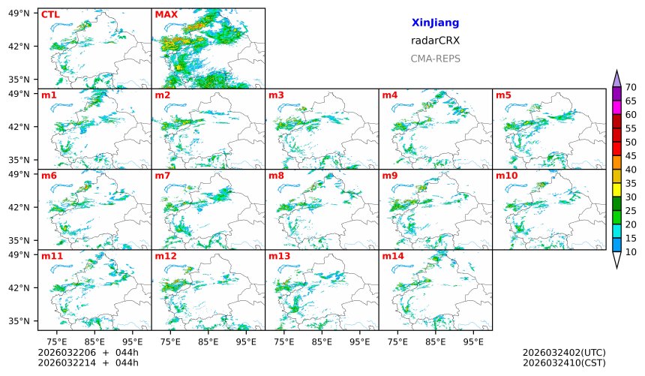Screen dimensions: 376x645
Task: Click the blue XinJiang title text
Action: click(x=435, y=23)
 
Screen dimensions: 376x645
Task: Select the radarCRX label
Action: click(x=435, y=41)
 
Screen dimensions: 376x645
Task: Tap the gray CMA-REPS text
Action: click(x=435, y=59)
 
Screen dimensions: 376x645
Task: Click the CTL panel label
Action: click(x=50, y=14)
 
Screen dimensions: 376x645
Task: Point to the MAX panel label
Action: click(x=166, y=14)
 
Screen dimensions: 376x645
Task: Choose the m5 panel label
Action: click(x=503, y=95)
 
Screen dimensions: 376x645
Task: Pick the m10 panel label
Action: click(x=506, y=176)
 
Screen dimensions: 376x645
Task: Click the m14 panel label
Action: click(x=392, y=256)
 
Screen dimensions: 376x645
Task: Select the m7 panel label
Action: click(x=163, y=176)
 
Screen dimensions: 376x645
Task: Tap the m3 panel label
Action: click(x=276, y=95)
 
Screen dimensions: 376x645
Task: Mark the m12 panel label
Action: click(x=165, y=256)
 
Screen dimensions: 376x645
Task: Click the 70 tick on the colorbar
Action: click(x=631, y=87)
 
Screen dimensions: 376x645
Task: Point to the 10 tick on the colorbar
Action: click(x=631, y=252)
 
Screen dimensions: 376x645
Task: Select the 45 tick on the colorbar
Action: click(x=631, y=155)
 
